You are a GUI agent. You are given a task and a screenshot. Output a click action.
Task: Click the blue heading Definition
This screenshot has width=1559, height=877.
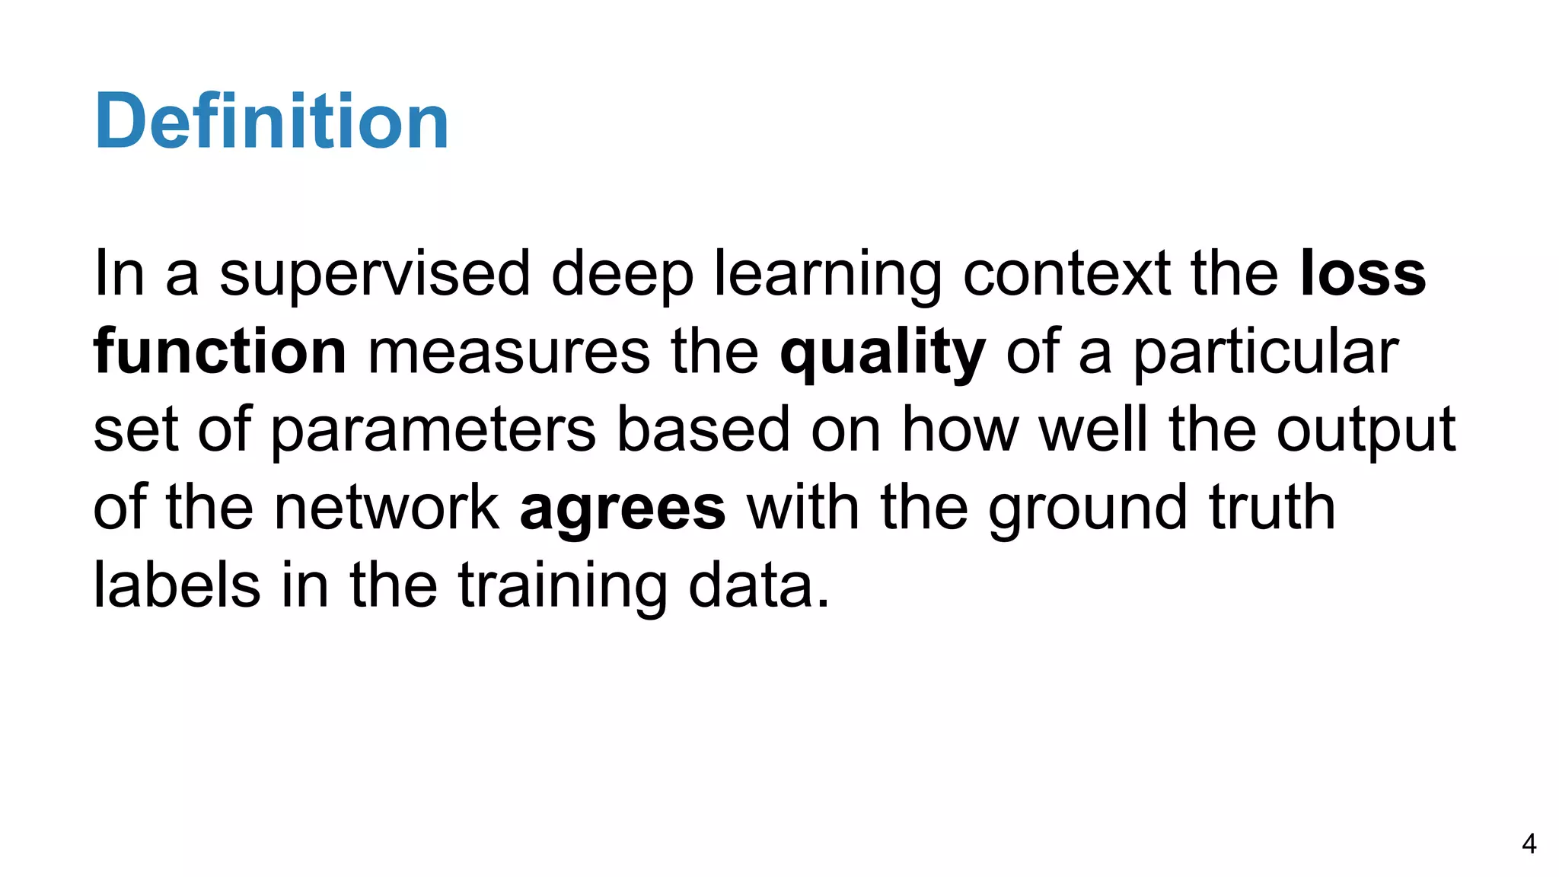271,122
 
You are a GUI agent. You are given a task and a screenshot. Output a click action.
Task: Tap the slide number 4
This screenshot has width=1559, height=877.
1529,844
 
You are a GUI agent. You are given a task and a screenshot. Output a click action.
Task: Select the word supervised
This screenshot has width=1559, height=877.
375,274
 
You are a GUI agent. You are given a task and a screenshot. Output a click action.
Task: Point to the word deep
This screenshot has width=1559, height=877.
622,274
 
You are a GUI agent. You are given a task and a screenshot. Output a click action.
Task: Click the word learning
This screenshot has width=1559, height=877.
828,274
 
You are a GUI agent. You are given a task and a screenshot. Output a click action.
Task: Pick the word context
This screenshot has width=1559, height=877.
1066,274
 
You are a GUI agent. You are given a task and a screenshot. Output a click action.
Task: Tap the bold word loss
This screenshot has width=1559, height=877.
1363,274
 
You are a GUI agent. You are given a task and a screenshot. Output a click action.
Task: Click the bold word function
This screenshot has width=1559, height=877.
220,352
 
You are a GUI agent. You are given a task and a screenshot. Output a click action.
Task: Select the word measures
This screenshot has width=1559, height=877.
509,352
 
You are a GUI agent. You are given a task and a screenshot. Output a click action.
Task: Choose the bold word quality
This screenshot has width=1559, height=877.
882,353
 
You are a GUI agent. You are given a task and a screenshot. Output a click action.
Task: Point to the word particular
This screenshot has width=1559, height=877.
1265,353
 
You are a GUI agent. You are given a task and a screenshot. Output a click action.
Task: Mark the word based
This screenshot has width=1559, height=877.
703,429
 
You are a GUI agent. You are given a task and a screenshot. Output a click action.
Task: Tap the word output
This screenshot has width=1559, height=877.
1366,431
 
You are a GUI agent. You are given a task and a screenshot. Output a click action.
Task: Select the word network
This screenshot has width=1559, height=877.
387,508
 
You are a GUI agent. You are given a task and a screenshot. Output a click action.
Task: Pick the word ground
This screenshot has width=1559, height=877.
1087,509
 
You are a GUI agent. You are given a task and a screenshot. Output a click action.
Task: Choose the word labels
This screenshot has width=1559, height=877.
177,585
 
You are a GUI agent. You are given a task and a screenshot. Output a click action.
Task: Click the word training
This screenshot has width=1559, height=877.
563,587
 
